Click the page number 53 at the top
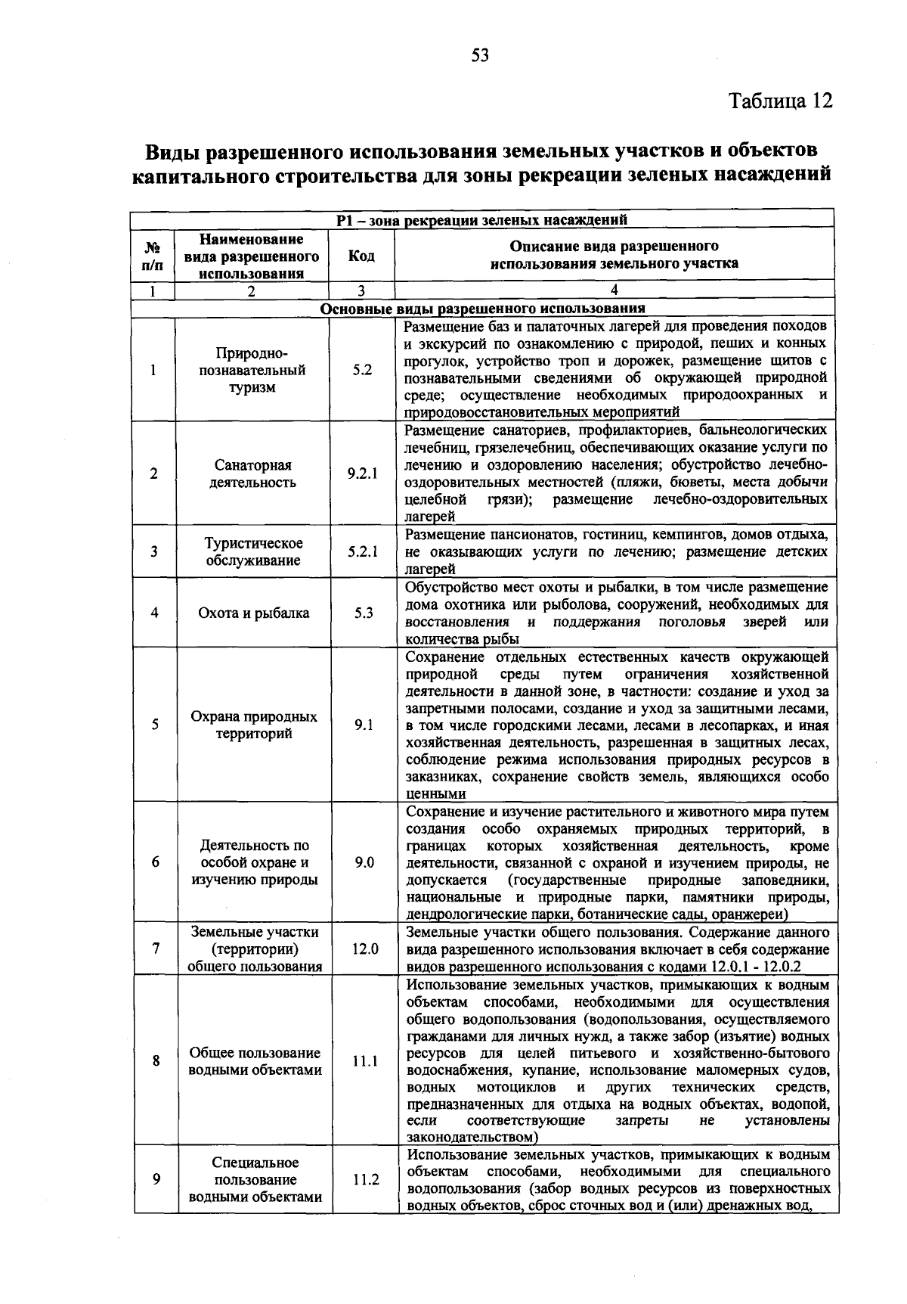481,54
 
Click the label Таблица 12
780,101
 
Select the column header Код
361,256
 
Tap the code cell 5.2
362,371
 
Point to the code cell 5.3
364,613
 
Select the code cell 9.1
364,725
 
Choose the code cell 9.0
364,862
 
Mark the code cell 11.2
365,1179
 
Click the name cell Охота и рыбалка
253,613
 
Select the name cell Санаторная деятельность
252,473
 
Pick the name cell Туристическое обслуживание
253,552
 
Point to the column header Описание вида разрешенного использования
614,256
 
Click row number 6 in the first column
155,862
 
